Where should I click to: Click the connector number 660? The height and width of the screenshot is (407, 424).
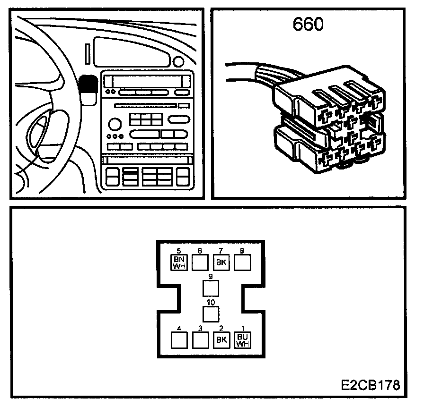click(x=308, y=25)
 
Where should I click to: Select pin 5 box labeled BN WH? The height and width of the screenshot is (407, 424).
click(x=179, y=262)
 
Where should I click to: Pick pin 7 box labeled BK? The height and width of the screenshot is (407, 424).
click(x=221, y=262)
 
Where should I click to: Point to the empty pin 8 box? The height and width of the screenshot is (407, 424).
click(x=242, y=262)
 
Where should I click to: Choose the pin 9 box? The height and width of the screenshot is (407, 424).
click(x=211, y=288)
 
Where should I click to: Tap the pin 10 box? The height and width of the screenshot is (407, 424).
click(x=211, y=314)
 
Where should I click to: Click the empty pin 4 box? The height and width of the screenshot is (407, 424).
click(x=178, y=339)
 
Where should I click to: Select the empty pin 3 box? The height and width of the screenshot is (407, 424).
click(x=200, y=339)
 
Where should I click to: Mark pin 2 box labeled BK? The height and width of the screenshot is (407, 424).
click(x=221, y=339)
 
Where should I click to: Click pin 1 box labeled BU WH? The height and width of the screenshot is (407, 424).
click(x=242, y=339)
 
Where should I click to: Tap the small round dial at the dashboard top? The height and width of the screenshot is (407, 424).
click(x=178, y=61)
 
